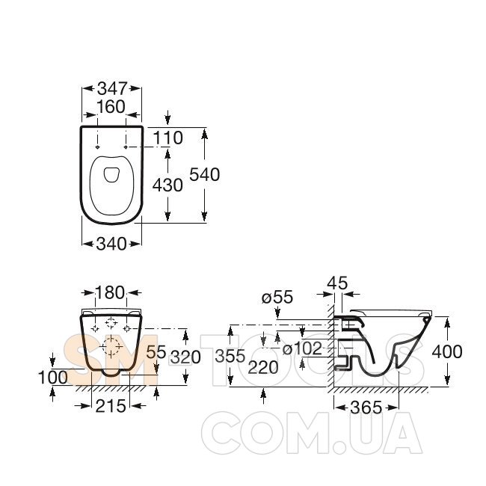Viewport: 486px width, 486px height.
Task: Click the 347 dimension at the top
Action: coord(112,89)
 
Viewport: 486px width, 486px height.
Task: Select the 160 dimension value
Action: coord(111,107)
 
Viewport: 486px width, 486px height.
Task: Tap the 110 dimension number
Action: coord(168,138)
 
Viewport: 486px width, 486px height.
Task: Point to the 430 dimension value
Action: coord(167,185)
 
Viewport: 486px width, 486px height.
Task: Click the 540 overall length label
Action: coord(205,174)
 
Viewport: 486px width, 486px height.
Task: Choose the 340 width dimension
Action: coord(111,244)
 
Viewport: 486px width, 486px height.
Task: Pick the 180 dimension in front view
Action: coord(110,293)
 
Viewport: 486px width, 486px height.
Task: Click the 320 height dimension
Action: coord(185,357)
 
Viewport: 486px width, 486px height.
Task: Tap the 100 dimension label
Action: coord(52,378)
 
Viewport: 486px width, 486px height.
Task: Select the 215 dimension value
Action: coord(111,406)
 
